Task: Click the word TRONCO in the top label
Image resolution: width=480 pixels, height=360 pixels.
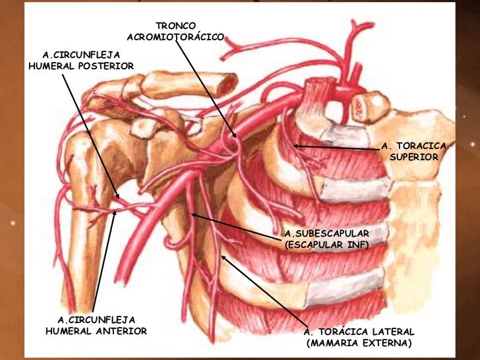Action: point(175,26)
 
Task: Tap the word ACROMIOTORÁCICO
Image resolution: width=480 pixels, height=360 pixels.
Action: point(175,37)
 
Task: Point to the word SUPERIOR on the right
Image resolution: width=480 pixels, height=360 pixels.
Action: point(414,157)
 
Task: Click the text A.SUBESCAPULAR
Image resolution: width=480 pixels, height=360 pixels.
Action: point(326,233)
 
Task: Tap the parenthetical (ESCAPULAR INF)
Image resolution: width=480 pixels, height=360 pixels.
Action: point(326,245)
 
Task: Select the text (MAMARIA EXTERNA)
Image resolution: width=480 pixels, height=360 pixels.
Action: point(359,343)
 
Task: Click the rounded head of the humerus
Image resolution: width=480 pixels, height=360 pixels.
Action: point(80,144)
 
